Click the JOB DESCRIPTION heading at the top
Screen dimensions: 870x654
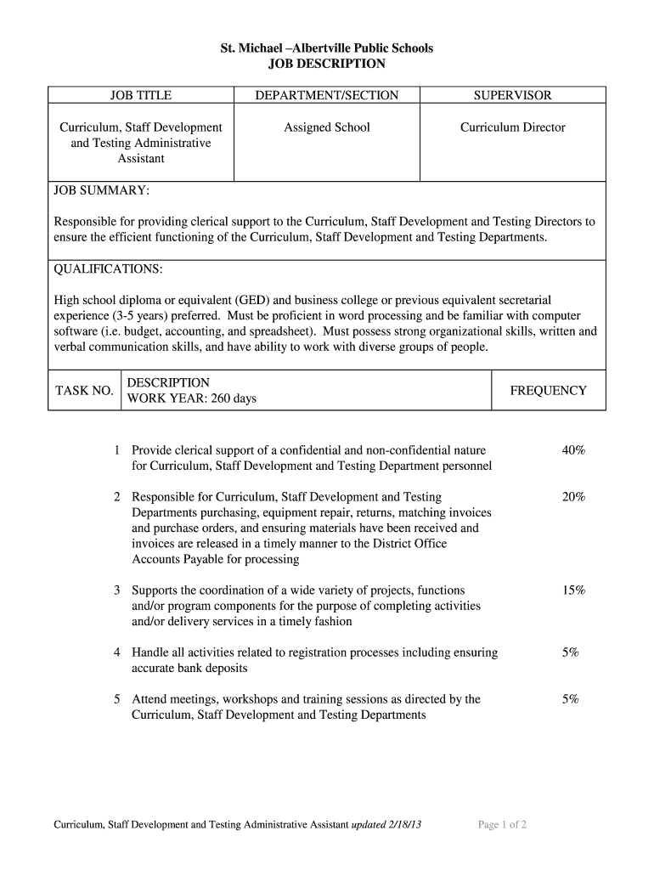pos(327,64)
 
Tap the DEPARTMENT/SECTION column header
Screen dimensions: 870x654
pos(327,95)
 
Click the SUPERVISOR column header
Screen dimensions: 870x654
pos(512,95)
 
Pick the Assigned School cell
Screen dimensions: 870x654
pos(327,127)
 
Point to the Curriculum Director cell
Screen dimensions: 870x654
pos(512,127)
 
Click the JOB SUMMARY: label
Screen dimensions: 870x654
pos(102,189)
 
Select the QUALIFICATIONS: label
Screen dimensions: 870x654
pos(108,269)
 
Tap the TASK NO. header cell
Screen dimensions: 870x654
pos(84,391)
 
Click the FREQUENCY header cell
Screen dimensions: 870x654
pos(548,391)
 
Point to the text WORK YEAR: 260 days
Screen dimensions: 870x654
pos(191,398)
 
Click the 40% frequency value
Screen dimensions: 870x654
pos(573,450)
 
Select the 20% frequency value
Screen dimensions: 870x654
pos(573,497)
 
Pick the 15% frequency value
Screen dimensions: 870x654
pos(573,590)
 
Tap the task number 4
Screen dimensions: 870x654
pos(117,652)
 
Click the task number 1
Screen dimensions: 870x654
pos(117,450)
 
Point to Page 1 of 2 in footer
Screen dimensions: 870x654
pos(503,824)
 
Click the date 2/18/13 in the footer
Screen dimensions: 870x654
pos(403,824)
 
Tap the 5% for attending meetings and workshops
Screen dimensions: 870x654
pos(570,699)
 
